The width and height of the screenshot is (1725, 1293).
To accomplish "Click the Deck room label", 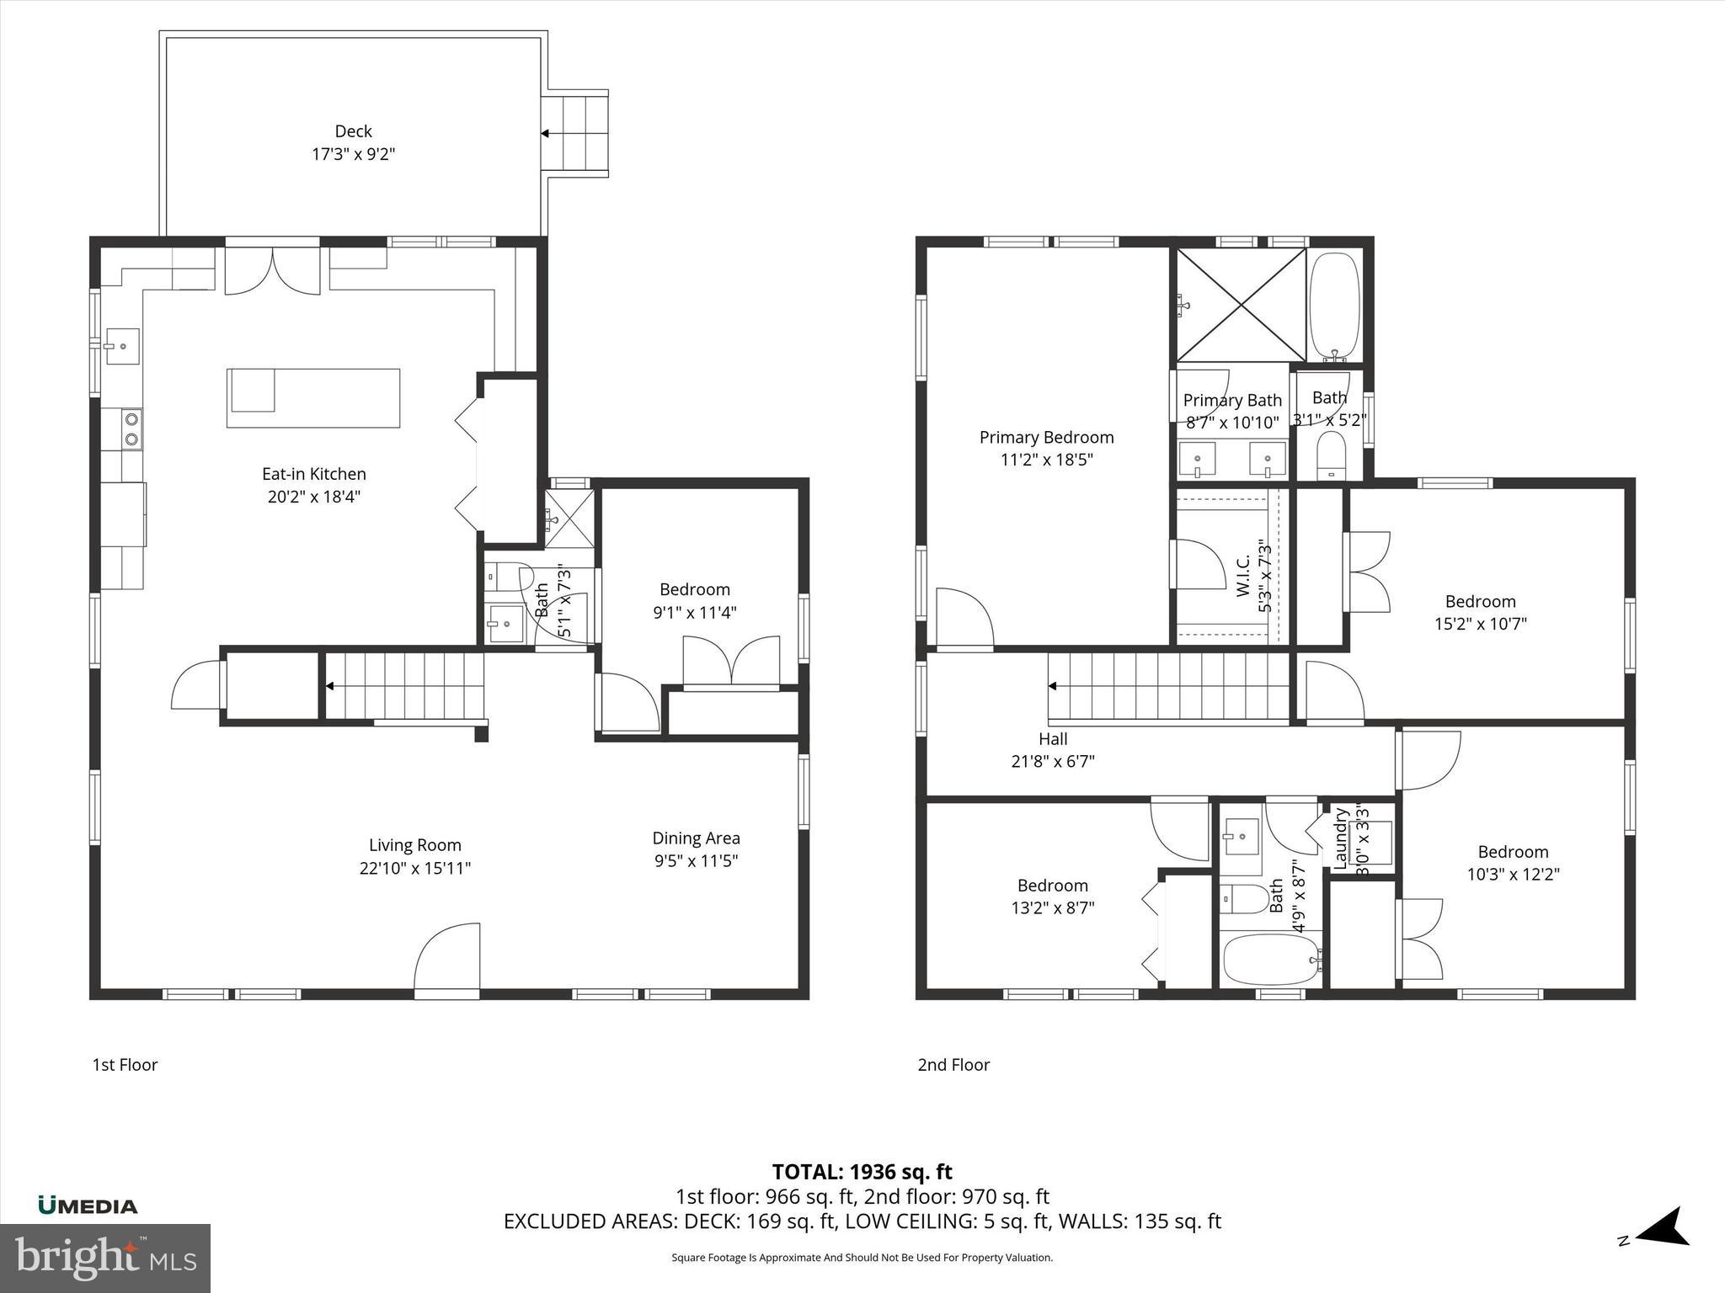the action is pyautogui.click(x=354, y=131).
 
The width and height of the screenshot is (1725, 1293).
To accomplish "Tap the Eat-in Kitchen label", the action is pyautogui.click(x=314, y=474).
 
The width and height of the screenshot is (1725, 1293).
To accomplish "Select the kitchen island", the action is pyautogui.click(x=313, y=397).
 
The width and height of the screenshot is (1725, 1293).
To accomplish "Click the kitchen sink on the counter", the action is pyautogui.click(x=123, y=346).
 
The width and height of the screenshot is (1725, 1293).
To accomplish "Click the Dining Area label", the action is pyautogui.click(x=697, y=838).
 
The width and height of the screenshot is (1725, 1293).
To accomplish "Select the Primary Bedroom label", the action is pyautogui.click(x=1046, y=438).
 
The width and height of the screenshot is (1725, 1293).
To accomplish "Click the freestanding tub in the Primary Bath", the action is pyautogui.click(x=1334, y=307).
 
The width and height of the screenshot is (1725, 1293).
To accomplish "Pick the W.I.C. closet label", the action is pyautogui.click(x=1244, y=576).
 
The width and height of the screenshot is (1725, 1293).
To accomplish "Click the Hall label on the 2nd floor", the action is pyautogui.click(x=1053, y=739).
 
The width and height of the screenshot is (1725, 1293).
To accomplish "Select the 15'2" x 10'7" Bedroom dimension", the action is pyautogui.click(x=1481, y=624).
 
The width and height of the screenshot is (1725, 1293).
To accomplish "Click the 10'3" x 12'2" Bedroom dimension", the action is pyautogui.click(x=1514, y=874).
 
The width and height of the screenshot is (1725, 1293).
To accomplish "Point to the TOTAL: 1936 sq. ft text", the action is pyautogui.click(x=862, y=1172).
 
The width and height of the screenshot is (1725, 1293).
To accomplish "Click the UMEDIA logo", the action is pyautogui.click(x=88, y=1205).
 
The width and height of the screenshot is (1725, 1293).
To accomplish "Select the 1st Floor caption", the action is pyautogui.click(x=125, y=1065).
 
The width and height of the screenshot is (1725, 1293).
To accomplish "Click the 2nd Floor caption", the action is pyautogui.click(x=953, y=1065).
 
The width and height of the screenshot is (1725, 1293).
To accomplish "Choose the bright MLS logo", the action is pyautogui.click(x=105, y=1258).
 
